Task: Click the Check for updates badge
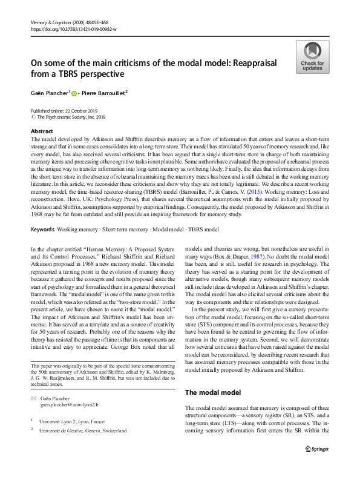click(312, 57)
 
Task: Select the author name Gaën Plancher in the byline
click(49, 93)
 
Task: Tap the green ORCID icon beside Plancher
click(76, 93)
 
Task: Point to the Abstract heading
click(42, 131)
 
